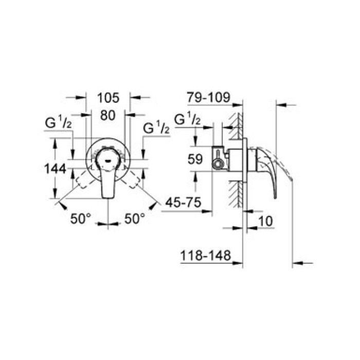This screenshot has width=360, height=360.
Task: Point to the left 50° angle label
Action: coord(81,219)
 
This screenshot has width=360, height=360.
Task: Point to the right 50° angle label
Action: coord(135,219)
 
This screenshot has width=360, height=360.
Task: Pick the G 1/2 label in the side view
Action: coord(188,119)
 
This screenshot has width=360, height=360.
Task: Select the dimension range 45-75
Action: coord(181,203)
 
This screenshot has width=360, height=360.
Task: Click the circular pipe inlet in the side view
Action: coord(219,165)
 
